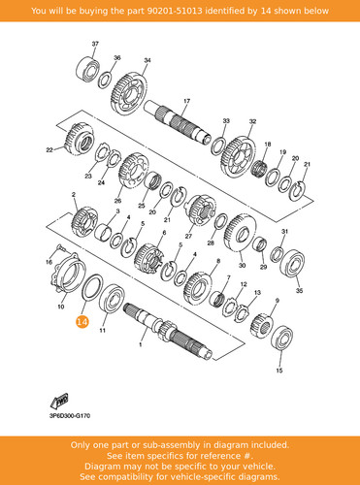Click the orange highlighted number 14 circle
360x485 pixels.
pyautogui.click(x=82, y=322)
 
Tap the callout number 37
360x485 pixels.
pyautogui.click(x=95, y=44)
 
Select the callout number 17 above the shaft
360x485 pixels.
pyautogui.click(x=187, y=101)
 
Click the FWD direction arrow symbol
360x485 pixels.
pyautogui.click(x=59, y=401)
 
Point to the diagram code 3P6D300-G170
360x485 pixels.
pyautogui.click(x=70, y=416)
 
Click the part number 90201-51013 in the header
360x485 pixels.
pyautogui.click(x=175, y=11)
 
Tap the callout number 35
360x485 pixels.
pyautogui.click(x=300, y=291)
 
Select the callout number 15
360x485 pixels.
pyautogui.click(x=279, y=371)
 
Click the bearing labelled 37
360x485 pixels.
pyautogui.click(x=87, y=69)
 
